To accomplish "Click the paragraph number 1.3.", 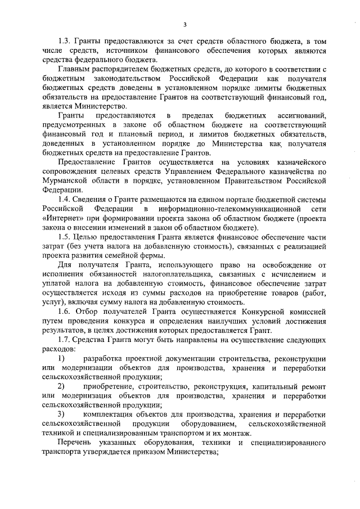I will (66, 42).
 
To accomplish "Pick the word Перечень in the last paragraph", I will (74, 444).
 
